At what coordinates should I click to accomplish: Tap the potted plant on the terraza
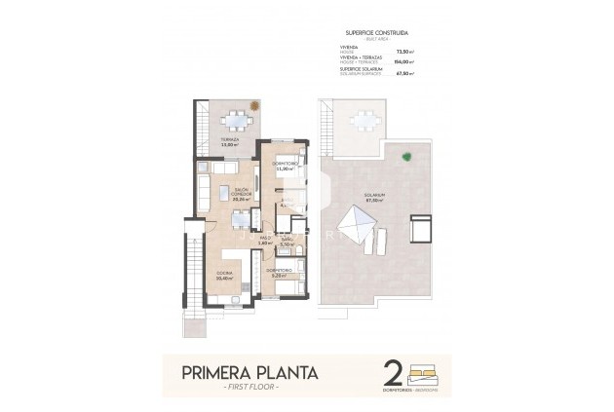pyautogui.click(x=255, y=105)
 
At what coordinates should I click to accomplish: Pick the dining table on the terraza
pyautogui.click(x=237, y=122)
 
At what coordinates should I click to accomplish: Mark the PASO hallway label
pyautogui.click(x=264, y=240)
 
